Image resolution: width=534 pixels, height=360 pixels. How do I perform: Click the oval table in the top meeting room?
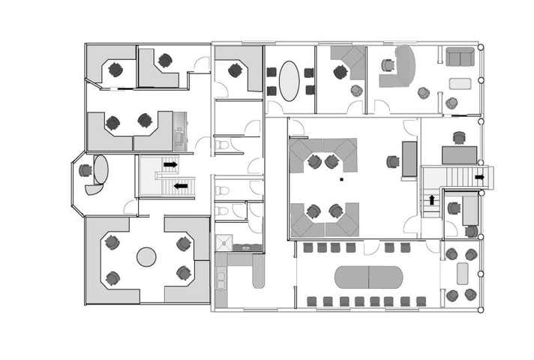tap(289, 79)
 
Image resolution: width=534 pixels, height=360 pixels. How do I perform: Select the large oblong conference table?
tap(368, 277)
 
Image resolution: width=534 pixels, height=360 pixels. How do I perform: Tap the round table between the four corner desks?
tap(146, 257)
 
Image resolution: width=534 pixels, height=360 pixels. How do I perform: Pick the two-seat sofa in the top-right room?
tap(459, 57)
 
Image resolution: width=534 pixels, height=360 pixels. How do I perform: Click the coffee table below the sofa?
tap(460, 83)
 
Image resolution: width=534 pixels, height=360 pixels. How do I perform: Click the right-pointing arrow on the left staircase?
tap(171, 164)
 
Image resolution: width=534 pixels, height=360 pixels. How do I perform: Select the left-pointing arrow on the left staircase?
tap(181, 186)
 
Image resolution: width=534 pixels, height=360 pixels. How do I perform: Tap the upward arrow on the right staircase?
tap(432, 200)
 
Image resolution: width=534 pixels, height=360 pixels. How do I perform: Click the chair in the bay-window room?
tap(85, 171)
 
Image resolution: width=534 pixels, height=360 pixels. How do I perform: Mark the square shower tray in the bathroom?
tap(223, 241)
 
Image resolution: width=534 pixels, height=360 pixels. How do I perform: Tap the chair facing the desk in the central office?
tap(392, 161)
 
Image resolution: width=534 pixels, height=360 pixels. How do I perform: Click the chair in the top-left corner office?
tap(115, 70)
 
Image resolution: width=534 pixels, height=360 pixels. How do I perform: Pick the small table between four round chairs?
tap(460, 274)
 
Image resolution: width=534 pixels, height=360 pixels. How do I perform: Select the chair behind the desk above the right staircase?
tap(459, 138)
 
